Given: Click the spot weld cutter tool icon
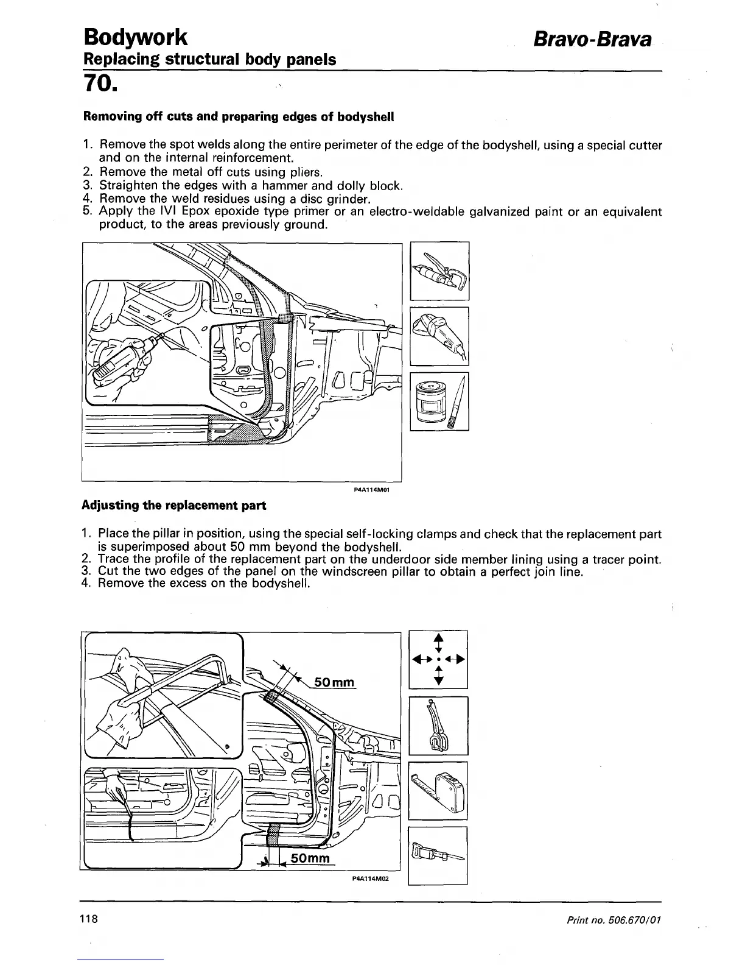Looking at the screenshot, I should coord(439,271).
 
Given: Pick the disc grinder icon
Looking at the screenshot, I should coord(439,336).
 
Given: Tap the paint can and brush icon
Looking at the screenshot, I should coord(439,401).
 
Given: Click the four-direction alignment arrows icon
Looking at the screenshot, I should coord(438,660).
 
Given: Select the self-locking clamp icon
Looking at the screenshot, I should coord(438,726).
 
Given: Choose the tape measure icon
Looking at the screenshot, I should coord(438,791).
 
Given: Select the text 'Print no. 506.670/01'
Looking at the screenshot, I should coord(613,919).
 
